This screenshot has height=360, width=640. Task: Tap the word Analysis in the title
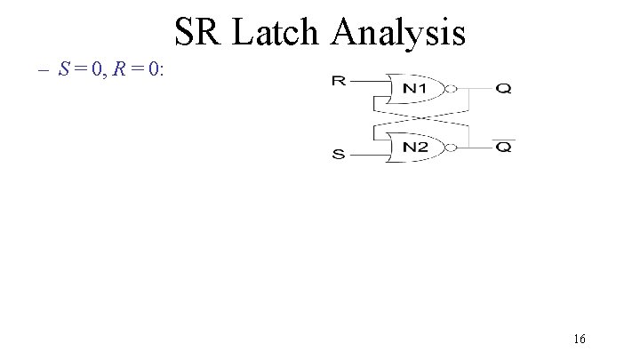pyautogui.click(x=399, y=33)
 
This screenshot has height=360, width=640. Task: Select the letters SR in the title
pyautogui.click(x=200, y=33)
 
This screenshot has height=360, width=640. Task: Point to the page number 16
pyautogui.click(x=579, y=339)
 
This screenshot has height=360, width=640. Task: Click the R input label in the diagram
pyautogui.click(x=338, y=82)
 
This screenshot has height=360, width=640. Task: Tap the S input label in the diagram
pyautogui.click(x=338, y=155)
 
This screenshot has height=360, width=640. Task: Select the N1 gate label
pyautogui.click(x=416, y=89)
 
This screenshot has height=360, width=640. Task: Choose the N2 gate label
pyautogui.click(x=416, y=147)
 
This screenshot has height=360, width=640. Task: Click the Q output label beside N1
pyautogui.click(x=503, y=89)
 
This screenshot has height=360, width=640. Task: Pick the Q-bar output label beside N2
pyautogui.click(x=503, y=148)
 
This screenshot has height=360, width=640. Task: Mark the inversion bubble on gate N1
pyautogui.click(x=452, y=89)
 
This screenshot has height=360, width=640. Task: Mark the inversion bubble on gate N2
pyautogui.click(x=452, y=147)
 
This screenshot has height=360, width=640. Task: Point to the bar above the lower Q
pyautogui.click(x=503, y=140)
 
